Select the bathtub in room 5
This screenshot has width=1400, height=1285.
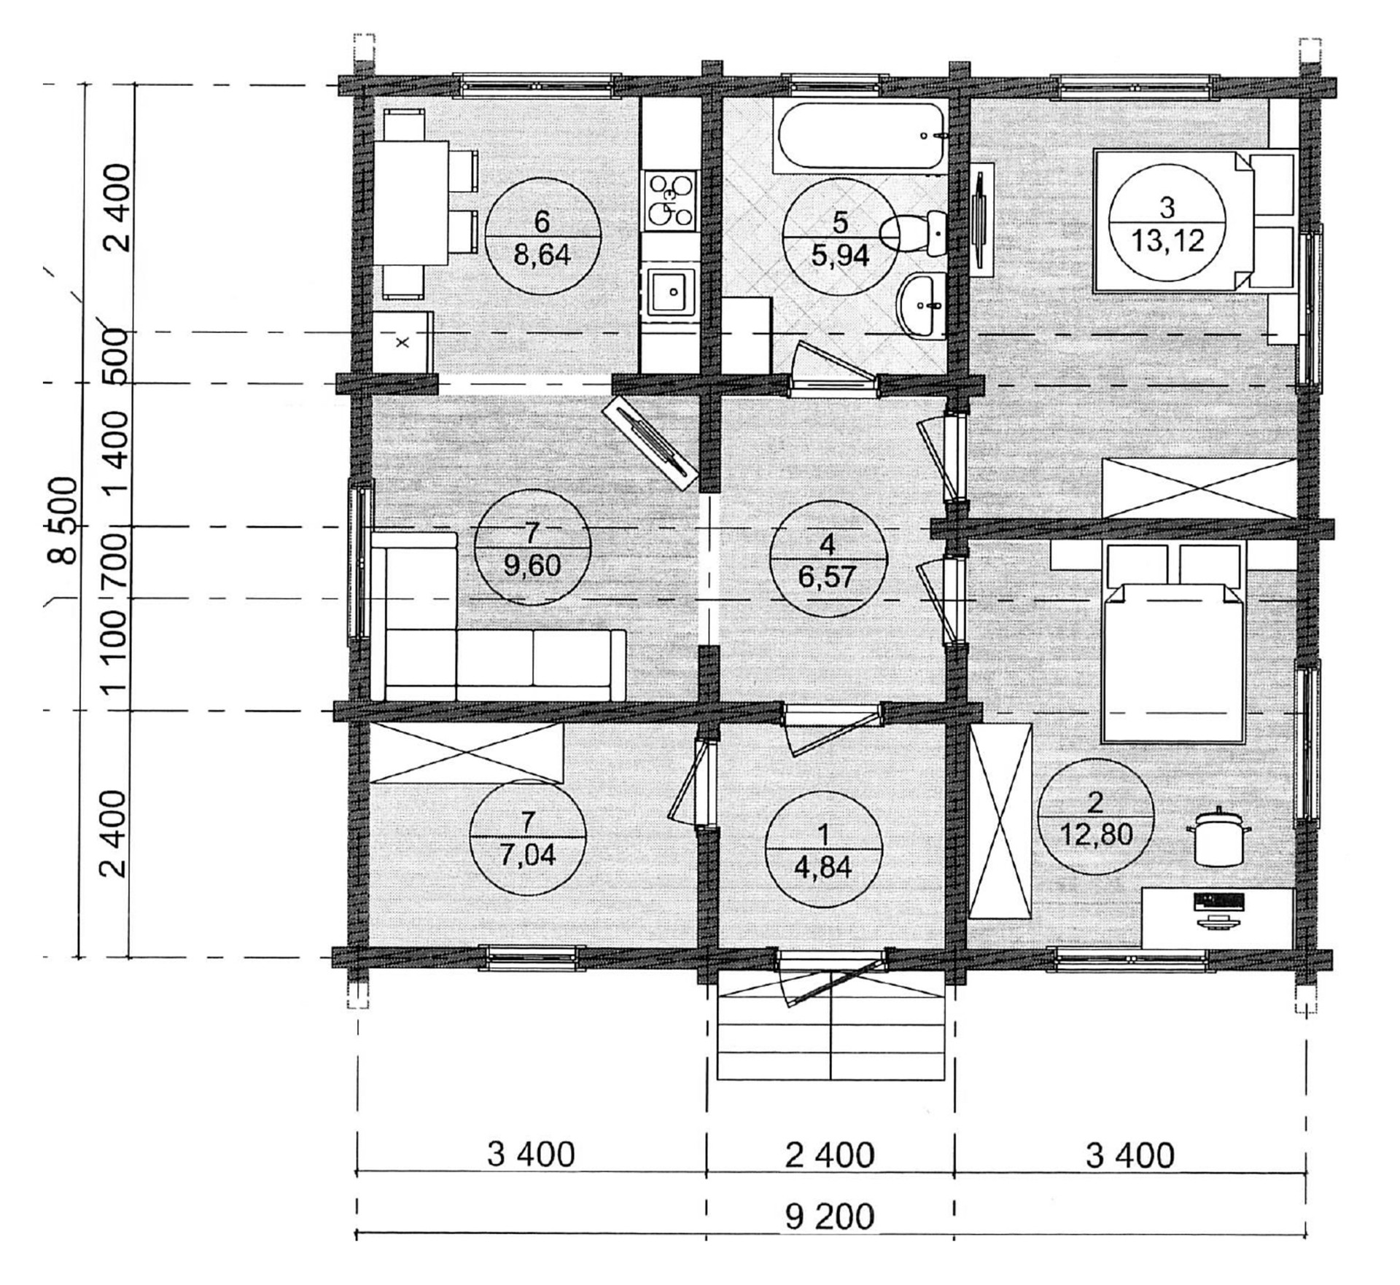click(x=860, y=136)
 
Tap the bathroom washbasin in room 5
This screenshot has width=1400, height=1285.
click(x=922, y=304)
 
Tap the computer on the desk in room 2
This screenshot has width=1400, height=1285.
click(x=1218, y=910)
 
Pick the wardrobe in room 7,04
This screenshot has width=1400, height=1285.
click(x=467, y=753)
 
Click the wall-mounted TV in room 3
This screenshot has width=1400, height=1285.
click(x=982, y=219)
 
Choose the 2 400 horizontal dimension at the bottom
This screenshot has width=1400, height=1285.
click(x=831, y=1155)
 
